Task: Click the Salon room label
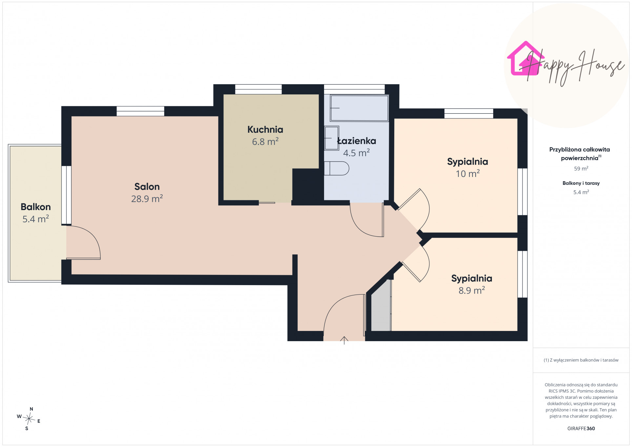[x=147, y=187]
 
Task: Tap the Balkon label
[x=36, y=207]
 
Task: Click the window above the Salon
[x=141, y=111]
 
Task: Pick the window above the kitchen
[x=259, y=89]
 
